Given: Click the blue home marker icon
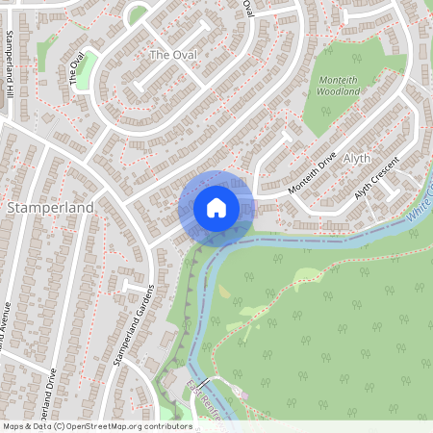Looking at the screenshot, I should [216, 207].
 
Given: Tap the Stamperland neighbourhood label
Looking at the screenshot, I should [50, 208].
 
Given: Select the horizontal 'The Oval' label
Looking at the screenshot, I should [173, 55].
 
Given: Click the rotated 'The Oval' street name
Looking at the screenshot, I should [77, 68].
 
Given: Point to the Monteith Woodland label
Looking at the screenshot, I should [338, 85].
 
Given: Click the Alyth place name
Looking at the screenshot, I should [356, 159].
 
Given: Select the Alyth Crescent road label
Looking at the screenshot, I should [376, 177].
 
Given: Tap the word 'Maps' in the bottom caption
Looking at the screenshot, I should [14, 426].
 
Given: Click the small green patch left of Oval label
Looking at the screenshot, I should [140, 15].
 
